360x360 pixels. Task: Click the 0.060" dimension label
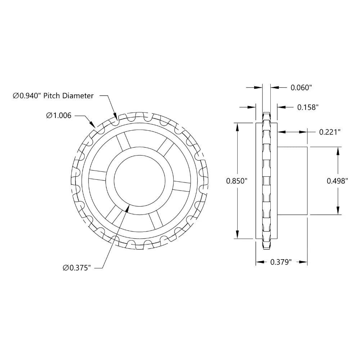(x=301, y=87)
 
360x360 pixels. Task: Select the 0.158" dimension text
(x=308, y=107)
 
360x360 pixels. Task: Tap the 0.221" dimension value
(x=330, y=132)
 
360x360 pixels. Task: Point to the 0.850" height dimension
(x=237, y=181)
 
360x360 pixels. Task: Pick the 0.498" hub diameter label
(x=337, y=181)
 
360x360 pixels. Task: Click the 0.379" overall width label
(x=280, y=262)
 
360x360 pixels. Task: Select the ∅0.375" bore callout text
(x=76, y=267)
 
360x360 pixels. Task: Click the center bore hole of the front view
(x=140, y=181)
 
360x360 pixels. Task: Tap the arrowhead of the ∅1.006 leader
(x=94, y=127)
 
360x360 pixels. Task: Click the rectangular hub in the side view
(x=292, y=181)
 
